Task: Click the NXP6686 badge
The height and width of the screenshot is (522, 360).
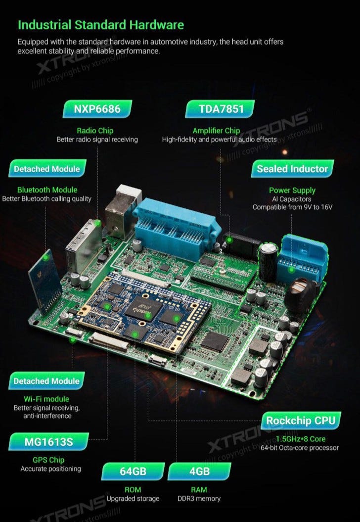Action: [x=97, y=109]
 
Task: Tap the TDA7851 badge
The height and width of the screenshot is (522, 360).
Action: [x=220, y=109]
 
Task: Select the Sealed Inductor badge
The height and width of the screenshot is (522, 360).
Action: [x=292, y=169]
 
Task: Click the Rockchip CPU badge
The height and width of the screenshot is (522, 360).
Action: [x=301, y=421]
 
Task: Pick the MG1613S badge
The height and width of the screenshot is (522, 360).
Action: [x=48, y=442]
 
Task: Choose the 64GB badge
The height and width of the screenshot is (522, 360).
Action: [x=133, y=472]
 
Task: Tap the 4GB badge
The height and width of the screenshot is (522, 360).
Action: [x=199, y=472]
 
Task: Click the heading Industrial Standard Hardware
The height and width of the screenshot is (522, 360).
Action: [x=101, y=25]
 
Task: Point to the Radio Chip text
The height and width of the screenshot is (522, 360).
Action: [x=95, y=131]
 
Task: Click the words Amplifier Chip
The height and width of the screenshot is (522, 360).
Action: [x=216, y=131]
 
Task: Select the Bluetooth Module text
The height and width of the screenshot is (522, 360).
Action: [x=47, y=190]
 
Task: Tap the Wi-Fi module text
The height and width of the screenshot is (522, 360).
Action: [x=46, y=399]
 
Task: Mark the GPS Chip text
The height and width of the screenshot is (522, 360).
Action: [x=48, y=460]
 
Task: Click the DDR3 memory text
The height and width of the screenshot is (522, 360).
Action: [x=199, y=498]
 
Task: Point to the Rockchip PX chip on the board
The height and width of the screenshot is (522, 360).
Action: [x=144, y=309]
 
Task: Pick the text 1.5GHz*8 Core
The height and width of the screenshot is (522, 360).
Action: [x=301, y=439]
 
